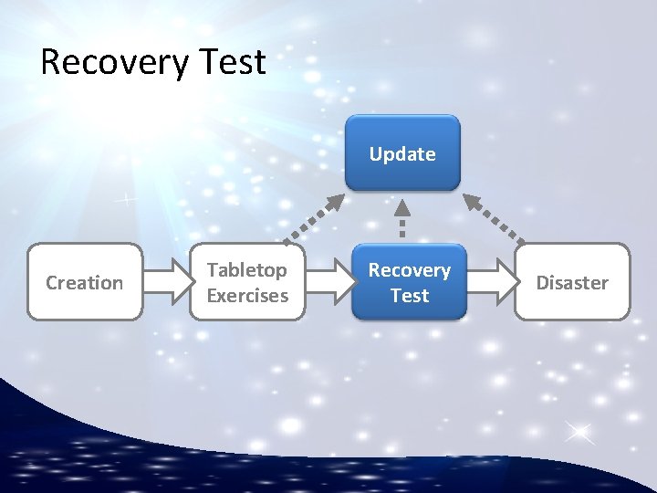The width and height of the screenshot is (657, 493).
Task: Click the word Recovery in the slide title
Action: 112,62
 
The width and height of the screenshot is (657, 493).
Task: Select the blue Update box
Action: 402,152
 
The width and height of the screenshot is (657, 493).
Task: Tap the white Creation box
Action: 85,281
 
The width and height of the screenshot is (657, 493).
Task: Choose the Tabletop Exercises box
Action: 246,281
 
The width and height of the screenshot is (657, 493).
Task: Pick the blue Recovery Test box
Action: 409,281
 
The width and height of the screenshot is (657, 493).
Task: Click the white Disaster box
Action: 572,281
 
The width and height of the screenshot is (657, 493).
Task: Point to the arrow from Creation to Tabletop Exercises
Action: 166,282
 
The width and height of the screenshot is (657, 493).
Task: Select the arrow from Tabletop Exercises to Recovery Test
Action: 328,282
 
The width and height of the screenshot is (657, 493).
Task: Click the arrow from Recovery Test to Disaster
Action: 491,282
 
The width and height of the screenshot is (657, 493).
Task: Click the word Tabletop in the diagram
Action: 246,270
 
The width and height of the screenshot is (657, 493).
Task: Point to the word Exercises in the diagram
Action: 247,295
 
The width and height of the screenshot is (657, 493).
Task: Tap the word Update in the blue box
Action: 402,154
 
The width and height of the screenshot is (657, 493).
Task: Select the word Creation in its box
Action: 85,283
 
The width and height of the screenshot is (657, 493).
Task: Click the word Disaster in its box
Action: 572,283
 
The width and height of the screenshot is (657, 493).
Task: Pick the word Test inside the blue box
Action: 410,295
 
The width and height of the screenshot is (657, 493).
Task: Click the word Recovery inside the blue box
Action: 409,270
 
